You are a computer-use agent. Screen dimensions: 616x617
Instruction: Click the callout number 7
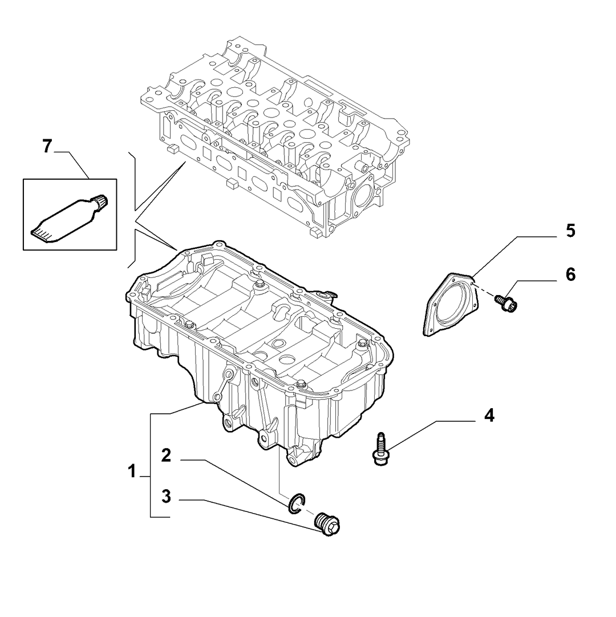coord(47,147)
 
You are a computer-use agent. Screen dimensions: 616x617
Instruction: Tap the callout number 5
coord(570,231)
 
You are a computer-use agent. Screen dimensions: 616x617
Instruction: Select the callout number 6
coord(570,275)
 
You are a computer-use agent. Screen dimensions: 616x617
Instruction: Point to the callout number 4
coord(489,416)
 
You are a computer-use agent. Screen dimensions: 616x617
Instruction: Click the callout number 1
coord(132,471)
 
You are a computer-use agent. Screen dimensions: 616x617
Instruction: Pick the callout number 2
coord(167,455)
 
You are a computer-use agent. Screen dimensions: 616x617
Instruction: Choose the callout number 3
coord(167,497)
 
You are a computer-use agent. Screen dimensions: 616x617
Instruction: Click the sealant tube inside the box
coord(70,219)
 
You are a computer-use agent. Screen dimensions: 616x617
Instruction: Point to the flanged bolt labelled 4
coord(380,449)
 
